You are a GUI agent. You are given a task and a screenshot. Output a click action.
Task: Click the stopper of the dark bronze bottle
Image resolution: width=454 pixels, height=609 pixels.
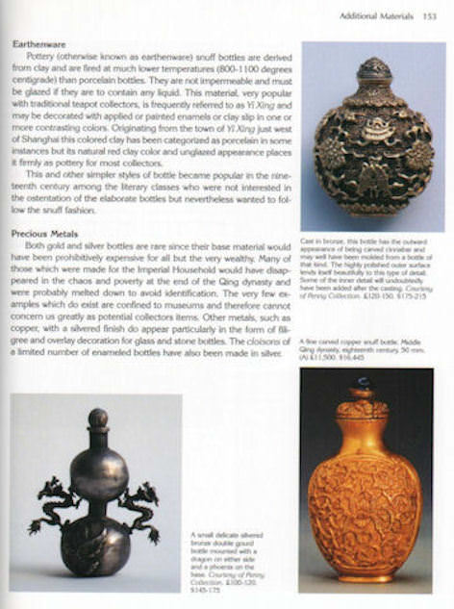pyautogui.click(x=373, y=69)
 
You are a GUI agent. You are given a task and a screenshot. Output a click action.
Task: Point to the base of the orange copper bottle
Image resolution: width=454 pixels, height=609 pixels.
pyautogui.click(x=363, y=576)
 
